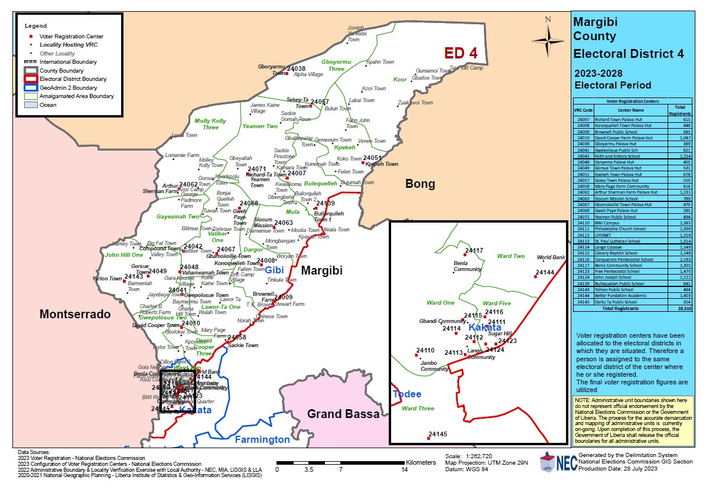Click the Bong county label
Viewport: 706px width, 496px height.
coord(419,184)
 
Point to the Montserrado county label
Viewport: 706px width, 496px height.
coord(75,315)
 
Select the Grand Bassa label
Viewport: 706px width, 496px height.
coord(343,414)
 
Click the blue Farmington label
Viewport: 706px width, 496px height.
coord(262,439)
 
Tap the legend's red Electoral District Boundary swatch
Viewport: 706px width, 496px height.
coord(31,79)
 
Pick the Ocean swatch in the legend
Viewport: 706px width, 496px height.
coord(31,105)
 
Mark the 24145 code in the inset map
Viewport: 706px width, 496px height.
coord(438,434)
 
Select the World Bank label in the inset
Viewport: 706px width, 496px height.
coord(551,258)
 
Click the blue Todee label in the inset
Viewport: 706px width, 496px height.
coord(407,394)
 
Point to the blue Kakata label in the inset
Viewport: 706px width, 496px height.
coord(484,328)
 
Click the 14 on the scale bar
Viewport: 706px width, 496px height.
coord(404,470)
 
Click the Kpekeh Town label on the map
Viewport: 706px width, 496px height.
coord(382,164)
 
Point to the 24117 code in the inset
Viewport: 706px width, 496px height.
coord(474,250)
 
